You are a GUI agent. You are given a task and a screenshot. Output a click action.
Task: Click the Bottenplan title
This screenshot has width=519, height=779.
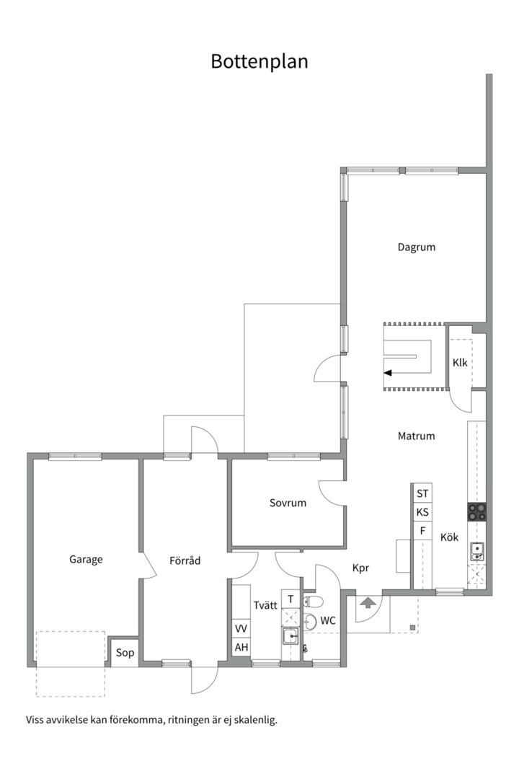(x=259, y=61)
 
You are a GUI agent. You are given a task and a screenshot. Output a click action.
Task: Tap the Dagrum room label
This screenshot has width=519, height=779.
(x=416, y=247)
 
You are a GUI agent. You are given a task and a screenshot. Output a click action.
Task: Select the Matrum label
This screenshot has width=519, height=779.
(x=416, y=436)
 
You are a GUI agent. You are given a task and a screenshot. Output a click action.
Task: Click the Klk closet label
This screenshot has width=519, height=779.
(x=460, y=362)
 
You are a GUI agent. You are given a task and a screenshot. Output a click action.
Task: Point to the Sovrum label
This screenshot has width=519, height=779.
(x=288, y=502)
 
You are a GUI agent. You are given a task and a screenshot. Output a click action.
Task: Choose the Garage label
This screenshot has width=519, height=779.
(x=86, y=560)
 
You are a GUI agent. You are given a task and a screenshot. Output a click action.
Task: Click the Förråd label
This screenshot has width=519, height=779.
(x=185, y=560)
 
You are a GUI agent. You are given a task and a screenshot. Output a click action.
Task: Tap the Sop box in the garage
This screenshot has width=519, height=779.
(x=124, y=652)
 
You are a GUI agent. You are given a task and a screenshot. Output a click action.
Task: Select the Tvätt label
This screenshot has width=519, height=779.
(x=265, y=605)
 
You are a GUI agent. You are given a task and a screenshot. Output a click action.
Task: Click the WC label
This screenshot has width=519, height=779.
(x=328, y=620)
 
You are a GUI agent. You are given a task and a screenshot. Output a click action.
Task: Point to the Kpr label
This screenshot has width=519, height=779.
(x=360, y=568)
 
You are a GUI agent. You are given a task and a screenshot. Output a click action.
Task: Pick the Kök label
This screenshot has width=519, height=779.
(x=450, y=537)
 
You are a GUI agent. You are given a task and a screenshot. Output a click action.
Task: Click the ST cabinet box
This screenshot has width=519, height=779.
(x=422, y=493)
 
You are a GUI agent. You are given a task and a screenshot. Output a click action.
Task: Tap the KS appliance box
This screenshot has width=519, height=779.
(x=422, y=512)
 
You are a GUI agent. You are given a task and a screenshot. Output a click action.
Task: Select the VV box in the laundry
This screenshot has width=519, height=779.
(x=241, y=629)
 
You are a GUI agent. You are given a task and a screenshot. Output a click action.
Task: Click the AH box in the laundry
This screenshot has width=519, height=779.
(x=241, y=647)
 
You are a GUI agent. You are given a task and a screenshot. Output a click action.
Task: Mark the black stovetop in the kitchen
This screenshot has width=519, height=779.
(x=476, y=511)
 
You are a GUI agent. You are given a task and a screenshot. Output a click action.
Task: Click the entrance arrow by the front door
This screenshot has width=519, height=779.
(x=368, y=602)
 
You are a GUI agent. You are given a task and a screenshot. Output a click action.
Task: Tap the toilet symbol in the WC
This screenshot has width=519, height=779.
(x=313, y=602)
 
